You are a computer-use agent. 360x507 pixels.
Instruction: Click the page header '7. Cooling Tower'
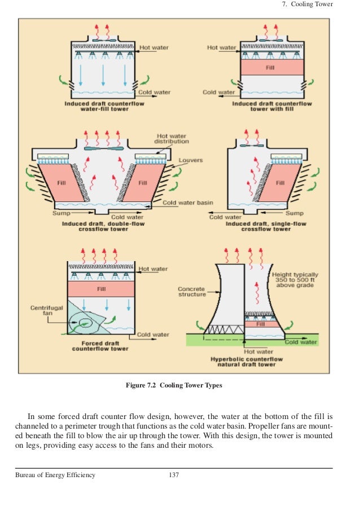[307, 5]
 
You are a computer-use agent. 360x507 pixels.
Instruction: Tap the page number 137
[174, 475]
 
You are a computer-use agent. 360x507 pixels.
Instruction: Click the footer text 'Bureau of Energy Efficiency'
[55, 475]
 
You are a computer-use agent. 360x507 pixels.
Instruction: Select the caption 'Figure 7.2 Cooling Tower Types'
[174, 386]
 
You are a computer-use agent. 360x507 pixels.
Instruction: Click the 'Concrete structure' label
[192, 292]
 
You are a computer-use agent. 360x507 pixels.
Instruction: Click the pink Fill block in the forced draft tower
[101, 289]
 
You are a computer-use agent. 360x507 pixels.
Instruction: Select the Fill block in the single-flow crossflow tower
[280, 183]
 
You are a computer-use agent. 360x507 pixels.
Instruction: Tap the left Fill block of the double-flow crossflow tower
[62, 183]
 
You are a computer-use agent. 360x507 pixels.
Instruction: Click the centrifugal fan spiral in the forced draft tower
[87, 324]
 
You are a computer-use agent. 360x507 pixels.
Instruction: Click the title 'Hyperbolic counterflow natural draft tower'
[247, 361]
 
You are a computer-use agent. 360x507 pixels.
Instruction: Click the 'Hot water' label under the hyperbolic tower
[246, 351]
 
